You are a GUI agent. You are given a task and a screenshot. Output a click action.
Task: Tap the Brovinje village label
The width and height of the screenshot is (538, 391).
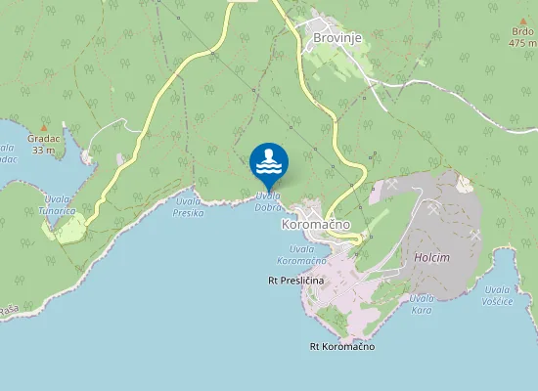337,38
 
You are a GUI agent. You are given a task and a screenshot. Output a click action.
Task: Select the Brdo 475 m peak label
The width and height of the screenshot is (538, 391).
522,37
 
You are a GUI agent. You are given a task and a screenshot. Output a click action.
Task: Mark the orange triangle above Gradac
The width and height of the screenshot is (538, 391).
43,127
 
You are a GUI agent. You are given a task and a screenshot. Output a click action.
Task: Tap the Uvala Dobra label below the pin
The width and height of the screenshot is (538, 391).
269,201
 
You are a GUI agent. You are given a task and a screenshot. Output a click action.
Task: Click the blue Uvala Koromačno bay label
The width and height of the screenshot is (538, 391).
300,255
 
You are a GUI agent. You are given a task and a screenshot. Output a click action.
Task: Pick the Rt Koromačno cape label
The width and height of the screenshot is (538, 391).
341,347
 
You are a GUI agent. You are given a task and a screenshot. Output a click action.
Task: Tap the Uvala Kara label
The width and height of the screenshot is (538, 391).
421,303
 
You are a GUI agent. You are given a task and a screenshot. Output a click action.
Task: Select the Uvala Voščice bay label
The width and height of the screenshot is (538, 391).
499,295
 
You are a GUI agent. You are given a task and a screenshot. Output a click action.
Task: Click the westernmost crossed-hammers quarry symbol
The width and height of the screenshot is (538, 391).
391,184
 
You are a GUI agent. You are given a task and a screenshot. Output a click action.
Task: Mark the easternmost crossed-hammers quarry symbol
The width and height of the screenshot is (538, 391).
476,235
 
